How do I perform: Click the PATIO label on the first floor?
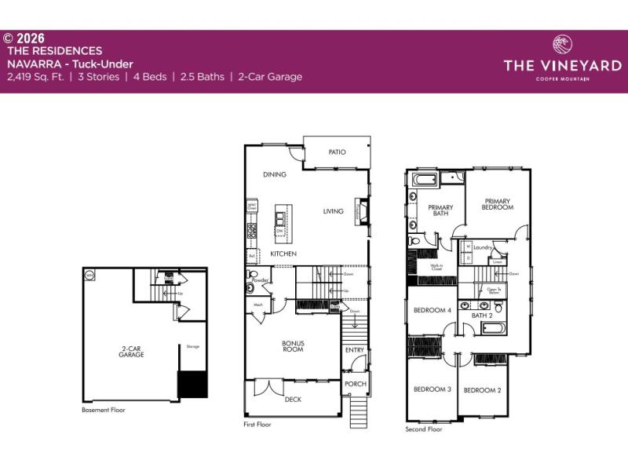click(x=338, y=152)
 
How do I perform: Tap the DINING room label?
click(x=275, y=174)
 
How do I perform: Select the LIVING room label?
click(x=334, y=211)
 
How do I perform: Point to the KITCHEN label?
click(x=283, y=255)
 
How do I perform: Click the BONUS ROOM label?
click(x=293, y=346)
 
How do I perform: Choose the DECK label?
click(x=293, y=400)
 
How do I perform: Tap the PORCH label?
click(x=356, y=384)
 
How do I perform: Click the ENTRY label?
click(x=355, y=350)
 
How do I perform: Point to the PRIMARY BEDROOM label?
click(x=498, y=204)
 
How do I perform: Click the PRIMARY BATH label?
click(x=440, y=210)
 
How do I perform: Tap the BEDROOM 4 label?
click(x=432, y=310)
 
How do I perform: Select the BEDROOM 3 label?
click(x=432, y=389)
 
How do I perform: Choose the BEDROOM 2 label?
click(x=482, y=390)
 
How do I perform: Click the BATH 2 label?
click(x=481, y=316)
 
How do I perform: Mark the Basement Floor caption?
click(x=104, y=410)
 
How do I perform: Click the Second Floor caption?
click(x=424, y=429)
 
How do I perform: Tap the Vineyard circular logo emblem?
click(x=563, y=43)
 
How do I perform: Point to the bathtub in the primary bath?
click(x=425, y=181)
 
